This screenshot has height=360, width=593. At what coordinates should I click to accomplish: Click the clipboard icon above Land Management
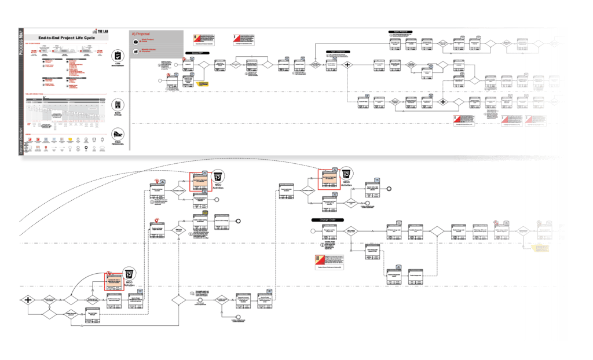coord(118,56)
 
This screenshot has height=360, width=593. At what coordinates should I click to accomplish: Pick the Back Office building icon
coord(118,104)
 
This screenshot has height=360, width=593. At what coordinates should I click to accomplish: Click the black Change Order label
coord(328,220)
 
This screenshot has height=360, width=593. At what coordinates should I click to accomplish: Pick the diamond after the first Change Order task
coord(352,231)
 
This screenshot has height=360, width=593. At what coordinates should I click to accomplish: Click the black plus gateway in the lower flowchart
coord(27,300)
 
